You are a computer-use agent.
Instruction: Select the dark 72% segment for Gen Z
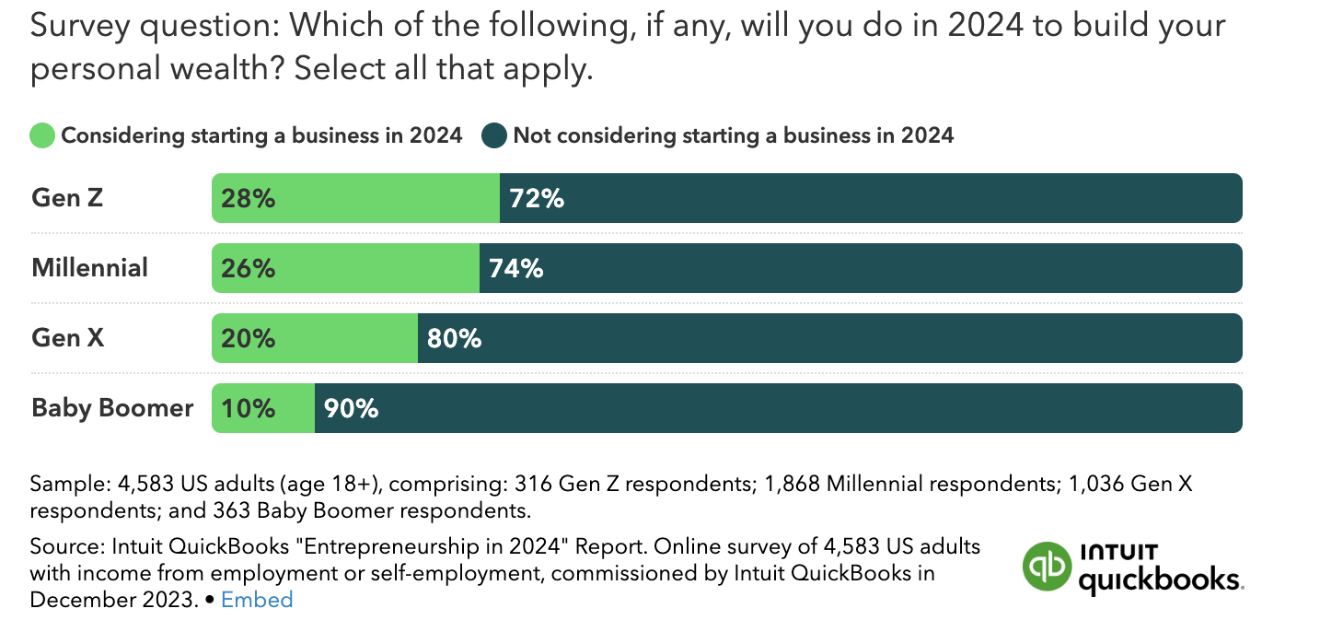(x=870, y=198)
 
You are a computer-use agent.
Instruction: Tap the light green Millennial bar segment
(x=345, y=268)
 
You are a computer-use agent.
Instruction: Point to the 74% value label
(x=515, y=268)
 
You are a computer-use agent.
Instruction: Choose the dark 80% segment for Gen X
(x=828, y=338)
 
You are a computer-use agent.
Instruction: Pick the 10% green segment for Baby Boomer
(x=263, y=408)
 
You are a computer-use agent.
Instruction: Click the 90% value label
(x=351, y=408)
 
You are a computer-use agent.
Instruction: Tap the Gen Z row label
(x=68, y=198)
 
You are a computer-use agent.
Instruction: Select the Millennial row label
(x=89, y=268)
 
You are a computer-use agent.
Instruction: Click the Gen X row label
(x=68, y=338)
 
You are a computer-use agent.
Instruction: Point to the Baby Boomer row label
(x=112, y=408)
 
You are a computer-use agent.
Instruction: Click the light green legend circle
(x=42, y=136)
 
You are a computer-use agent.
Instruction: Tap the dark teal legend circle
(x=494, y=136)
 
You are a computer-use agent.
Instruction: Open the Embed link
(x=257, y=600)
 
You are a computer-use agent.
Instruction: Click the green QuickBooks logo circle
(x=1048, y=565)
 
